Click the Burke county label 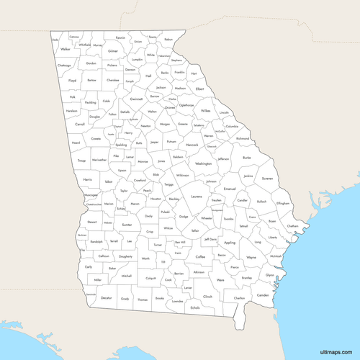247,157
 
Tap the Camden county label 263,295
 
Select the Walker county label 66,49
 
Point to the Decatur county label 106,297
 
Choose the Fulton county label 112,114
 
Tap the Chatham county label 292,226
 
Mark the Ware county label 220,279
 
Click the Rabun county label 168,40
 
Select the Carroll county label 79,124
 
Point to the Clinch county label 207,296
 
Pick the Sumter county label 127,225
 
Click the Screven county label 267,178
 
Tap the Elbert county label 199,89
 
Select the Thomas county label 143,299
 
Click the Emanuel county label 230,188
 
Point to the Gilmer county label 113,51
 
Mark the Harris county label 87,179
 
